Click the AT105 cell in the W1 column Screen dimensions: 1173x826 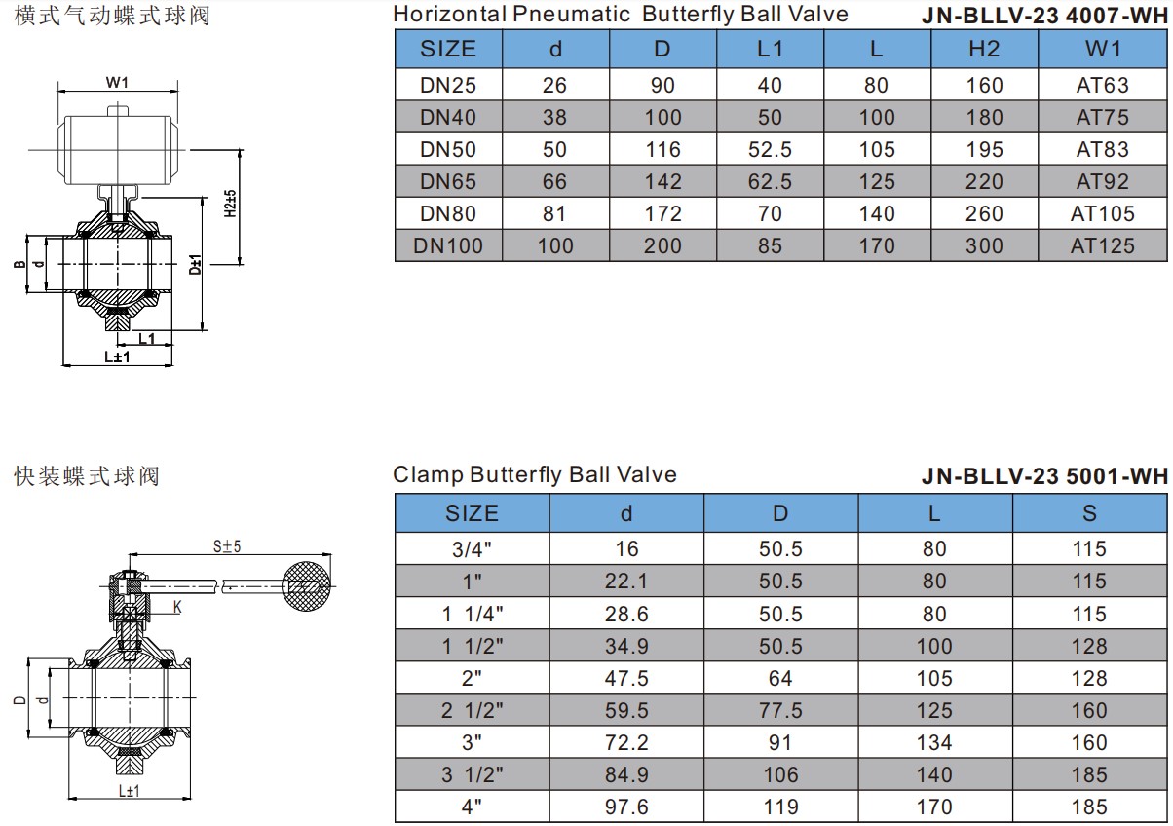point(1102,213)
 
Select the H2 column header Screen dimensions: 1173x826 point(984,49)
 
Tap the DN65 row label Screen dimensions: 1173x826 point(448,181)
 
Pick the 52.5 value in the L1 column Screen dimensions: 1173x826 point(770,150)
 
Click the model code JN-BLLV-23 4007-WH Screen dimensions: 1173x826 point(1044,16)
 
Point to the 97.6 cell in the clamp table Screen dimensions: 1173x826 point(626,807)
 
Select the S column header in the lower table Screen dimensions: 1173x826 point(1089,513)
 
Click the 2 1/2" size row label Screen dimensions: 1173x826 point(472,710)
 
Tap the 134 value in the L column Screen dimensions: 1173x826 point(934,742)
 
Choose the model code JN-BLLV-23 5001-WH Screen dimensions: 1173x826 point(1044,476)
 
